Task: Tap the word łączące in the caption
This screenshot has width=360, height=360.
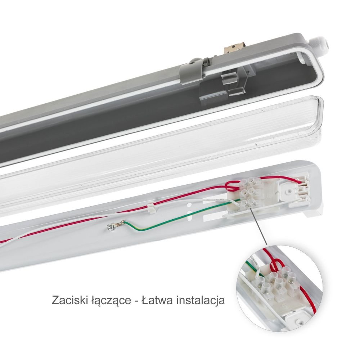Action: tap(109, 301)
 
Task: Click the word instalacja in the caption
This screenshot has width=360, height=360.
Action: tap(201, 301)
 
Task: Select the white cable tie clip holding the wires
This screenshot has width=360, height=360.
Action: tap(150, 207)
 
